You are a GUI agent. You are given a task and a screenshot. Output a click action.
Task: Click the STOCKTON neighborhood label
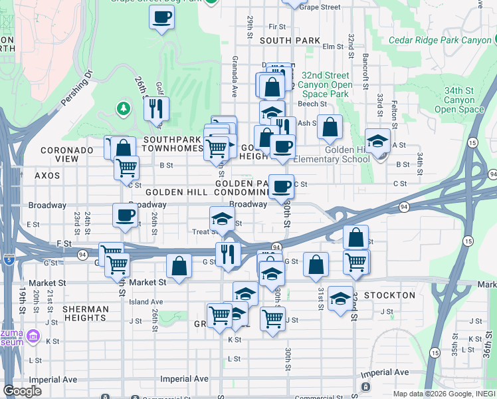390,295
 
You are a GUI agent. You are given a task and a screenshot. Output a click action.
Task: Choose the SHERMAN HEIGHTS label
85,314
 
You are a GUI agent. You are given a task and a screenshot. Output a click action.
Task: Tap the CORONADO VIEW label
66,155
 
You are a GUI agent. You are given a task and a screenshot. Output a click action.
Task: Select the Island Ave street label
146,302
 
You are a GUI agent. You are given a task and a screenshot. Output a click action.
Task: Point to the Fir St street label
276,27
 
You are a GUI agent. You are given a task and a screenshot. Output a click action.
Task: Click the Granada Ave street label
234,86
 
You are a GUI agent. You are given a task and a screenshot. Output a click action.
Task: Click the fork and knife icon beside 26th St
156,108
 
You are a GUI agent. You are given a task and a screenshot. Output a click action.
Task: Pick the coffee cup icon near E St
125,215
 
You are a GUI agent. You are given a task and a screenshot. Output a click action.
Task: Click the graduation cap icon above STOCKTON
341,297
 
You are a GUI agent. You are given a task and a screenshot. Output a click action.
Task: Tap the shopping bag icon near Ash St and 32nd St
330,126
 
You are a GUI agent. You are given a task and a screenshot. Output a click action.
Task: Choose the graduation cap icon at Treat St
222,218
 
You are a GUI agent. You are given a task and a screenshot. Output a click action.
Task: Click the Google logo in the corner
22,391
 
